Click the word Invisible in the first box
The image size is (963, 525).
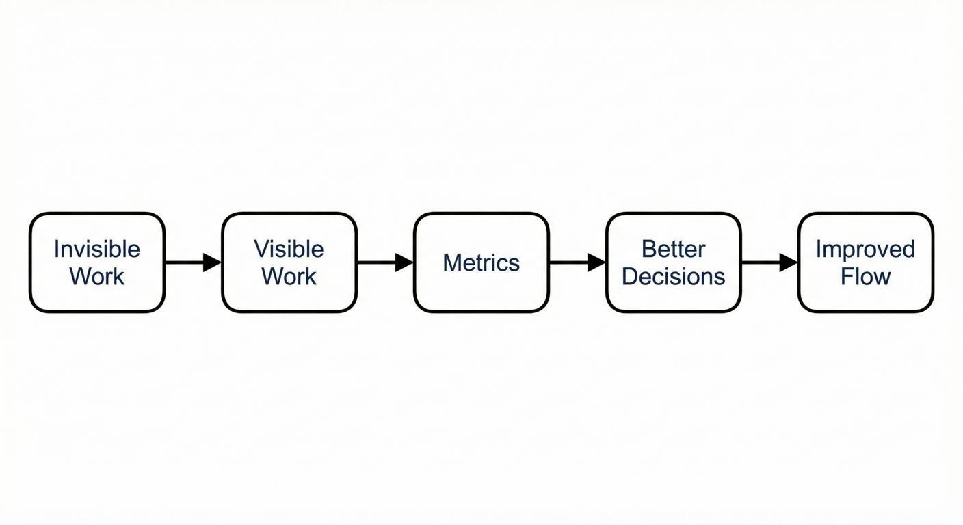coord(97,250)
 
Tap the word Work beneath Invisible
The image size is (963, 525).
coord(97,277)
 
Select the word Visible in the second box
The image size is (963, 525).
coord(289,250)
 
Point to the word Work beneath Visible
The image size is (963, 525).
coord(289,277)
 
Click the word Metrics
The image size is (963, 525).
coord(481,263)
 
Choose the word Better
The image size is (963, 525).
coord(673,250)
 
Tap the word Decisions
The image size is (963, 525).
coord(673,277)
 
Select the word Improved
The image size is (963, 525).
coord(865,250)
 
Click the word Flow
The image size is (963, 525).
coord(865,277)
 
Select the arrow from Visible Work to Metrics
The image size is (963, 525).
coord(385,262)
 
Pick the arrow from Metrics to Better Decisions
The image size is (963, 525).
coord(577,262)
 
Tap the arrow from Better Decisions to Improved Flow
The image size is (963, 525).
coord(769,262)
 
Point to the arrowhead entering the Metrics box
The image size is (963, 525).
coord(405,262)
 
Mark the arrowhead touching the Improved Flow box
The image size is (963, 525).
coord(789,262)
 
